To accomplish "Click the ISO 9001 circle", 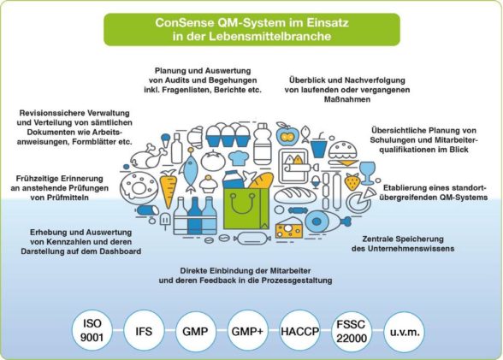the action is click(x=92, y=330).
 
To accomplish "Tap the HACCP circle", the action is click(x=299, y=330).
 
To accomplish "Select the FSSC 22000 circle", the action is click(x=352, y=331).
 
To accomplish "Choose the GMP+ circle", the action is click(x=247, y=330).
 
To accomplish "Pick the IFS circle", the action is click(x=144, y=330).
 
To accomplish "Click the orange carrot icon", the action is click(x=169, y=188).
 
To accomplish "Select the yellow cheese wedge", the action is click(x=289, y=228).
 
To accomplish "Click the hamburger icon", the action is click(x=343, y=154).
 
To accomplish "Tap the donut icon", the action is click(x=139, y=187).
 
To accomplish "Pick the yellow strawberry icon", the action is click(x=352, y=181).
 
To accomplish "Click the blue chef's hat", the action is click(x=239, y=157).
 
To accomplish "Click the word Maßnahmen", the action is click(x=347, y=99).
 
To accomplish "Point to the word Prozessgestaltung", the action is click(x=297, y=280).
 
